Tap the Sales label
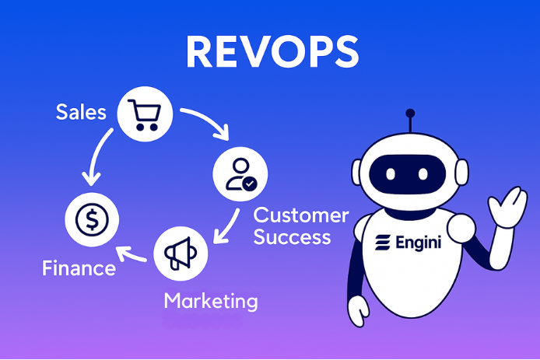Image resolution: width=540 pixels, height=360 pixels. click(x=81, y=112)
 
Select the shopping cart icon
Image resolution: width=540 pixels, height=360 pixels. click(x=143, y=114)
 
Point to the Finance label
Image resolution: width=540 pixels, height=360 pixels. click(x=79, y=269)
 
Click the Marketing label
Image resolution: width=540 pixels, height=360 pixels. click(x=210, y=300)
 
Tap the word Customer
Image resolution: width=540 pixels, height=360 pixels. click(x=301, y=215)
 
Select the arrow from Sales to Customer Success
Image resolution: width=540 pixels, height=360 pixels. click(x=206, y=123)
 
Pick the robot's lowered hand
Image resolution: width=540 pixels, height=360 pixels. click(x=357, y=312)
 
